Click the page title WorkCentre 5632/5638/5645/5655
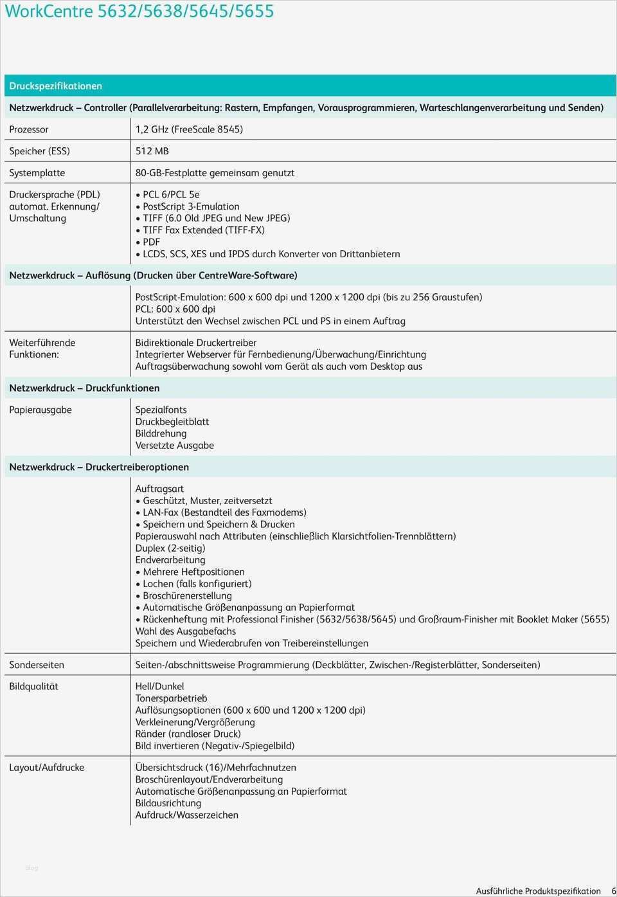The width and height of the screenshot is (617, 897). click(x=139, y=12)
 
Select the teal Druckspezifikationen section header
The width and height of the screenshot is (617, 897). click(x=55, y=86)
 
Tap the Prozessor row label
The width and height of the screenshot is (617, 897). click(x=29, y=129)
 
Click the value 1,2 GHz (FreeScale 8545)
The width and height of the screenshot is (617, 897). click(x=189, y=129)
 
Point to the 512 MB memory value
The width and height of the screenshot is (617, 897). click(x=152, y=151)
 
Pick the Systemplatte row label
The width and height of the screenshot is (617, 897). click(x=37, y=173)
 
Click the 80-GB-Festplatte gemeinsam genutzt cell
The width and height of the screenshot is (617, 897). click(x=215, y=173)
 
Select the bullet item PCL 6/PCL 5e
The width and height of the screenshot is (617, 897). click(x=171, y=194)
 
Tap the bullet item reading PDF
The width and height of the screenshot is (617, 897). click(x=152, y=242)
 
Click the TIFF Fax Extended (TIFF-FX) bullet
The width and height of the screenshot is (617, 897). click(x=204, y=230)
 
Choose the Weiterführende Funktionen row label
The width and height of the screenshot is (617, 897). click(x=42, y=349)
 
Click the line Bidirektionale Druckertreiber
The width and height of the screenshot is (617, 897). click(x=196, y=343)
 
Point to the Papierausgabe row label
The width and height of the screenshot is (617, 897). click(x=40, y=410)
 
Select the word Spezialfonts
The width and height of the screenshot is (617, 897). click(x=161, y=410)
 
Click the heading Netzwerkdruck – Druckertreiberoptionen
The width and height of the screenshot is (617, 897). click(x=99, y=467)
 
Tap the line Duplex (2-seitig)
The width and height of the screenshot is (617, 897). click(x=170, y=548)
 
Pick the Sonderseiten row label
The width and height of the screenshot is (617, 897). click(x=37, y=665)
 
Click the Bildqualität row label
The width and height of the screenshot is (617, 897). click(x=33, y=687)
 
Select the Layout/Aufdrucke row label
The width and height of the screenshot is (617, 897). click(x=46, y=768)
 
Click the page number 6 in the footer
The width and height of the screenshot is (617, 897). click(x=613, y=891)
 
